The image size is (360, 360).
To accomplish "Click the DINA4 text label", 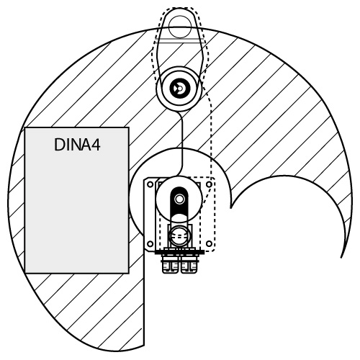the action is click(x=77, y=145).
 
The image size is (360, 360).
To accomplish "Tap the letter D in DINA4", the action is click(x=59, y=145).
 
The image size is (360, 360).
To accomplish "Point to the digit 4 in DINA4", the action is click(x=96, y=145).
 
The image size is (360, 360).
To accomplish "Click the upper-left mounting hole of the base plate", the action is click(x=150, y=184).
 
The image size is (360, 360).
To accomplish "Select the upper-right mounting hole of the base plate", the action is click(x=210, y=184).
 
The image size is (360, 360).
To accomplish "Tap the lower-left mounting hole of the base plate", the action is click(x=150, y=244).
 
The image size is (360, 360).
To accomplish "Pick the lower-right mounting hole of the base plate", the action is click(x=210, y=244).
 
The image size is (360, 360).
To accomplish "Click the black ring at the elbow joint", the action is click(x=180, y=89).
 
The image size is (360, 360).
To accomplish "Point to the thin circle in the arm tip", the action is click(x=180, y=27).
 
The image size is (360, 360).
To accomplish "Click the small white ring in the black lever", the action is click(x=179, y=199).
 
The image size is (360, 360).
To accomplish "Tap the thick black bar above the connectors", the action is click(x=179, y=252).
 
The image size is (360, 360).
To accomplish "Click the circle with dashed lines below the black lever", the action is click(x=179, y=236).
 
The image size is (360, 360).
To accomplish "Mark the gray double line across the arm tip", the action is click(x=180, y=40).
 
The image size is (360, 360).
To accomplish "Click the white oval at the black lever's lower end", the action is click(x=179, y=218).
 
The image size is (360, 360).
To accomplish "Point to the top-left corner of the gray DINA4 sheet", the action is click(x=25, y=127).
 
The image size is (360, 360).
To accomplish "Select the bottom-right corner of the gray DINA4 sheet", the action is click(x=129, y=273).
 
